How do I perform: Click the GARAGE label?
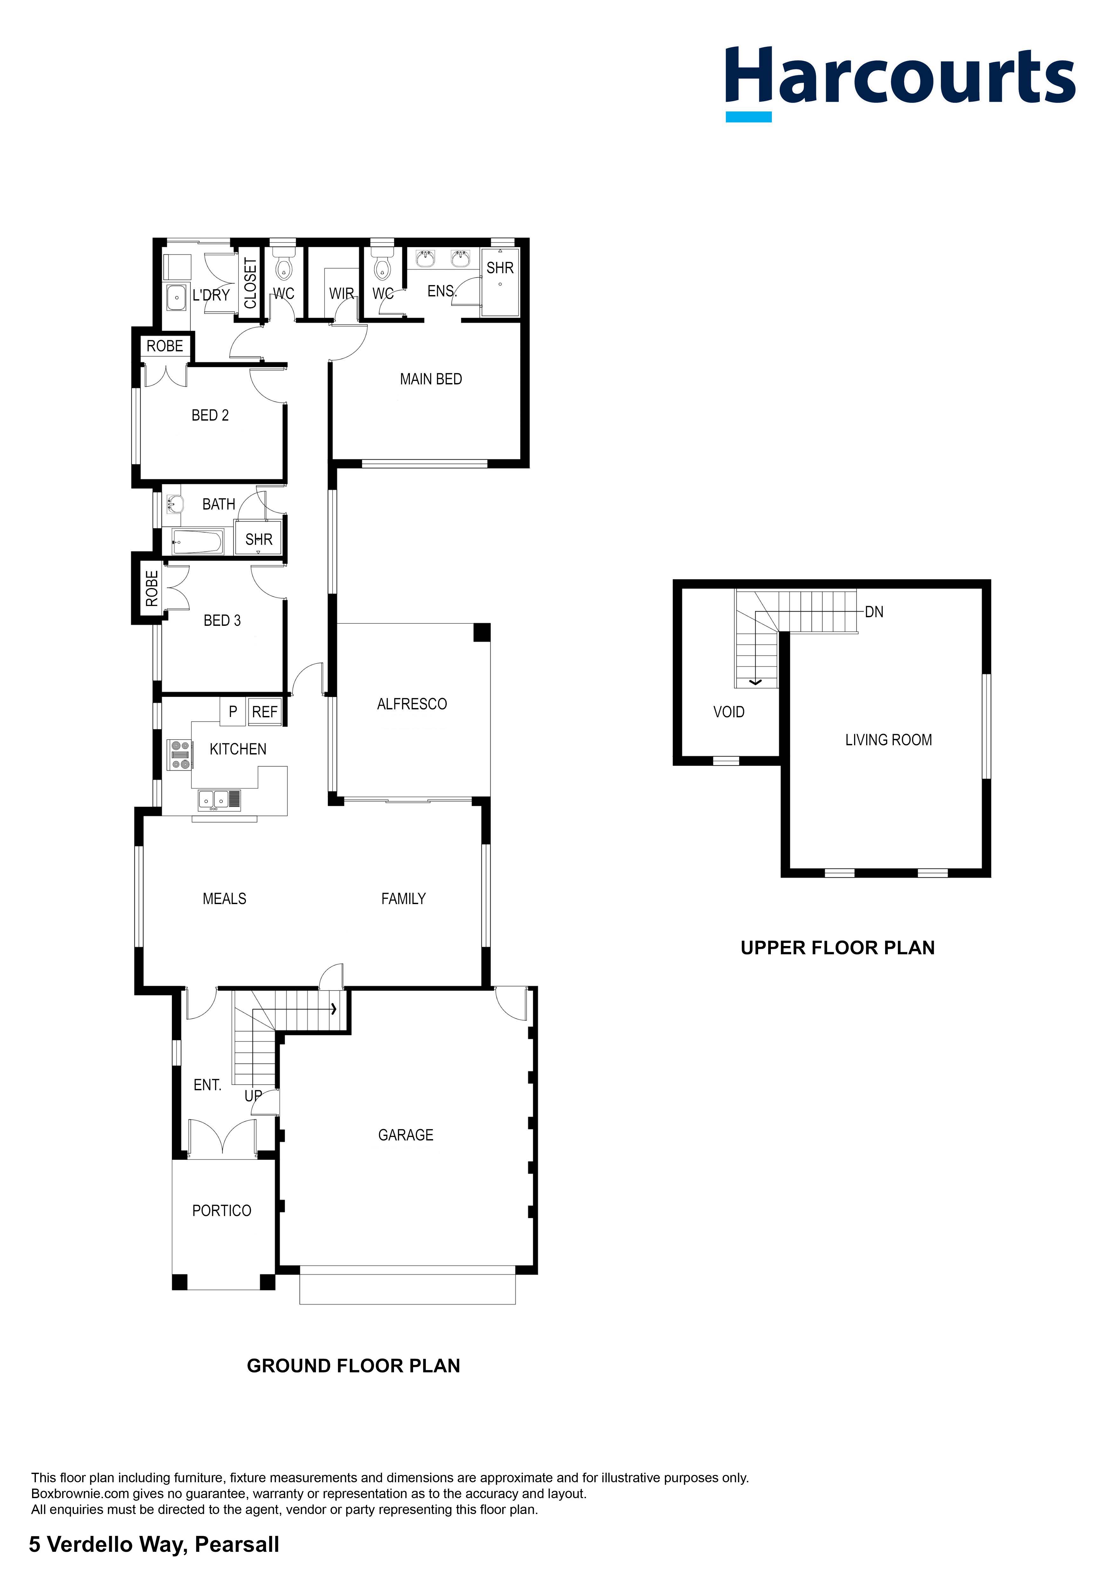tap(405, 1135)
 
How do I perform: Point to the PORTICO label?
tap(221, 1211)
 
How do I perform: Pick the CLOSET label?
tap(250, 283)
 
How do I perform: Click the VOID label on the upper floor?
tap(729, 712)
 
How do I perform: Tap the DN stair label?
tap(874, 612)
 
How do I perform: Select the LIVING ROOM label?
tap(888, 740)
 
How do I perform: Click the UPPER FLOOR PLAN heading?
tap(838, 948)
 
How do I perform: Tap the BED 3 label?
tap(222, 621)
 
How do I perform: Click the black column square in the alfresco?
tap(482, 632)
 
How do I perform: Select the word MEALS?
tap(224, 899)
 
